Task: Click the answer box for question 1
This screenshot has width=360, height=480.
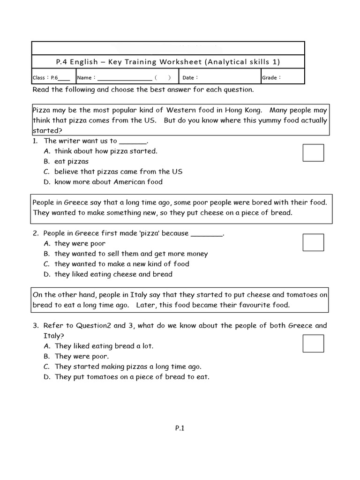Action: (313, 153)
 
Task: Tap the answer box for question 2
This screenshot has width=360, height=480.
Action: (313, 242)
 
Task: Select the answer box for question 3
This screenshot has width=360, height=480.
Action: (313, 343)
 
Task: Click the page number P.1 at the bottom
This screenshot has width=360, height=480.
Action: (180, 427)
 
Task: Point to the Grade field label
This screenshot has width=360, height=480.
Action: (271, 78)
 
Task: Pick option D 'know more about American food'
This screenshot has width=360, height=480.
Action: (108, 182)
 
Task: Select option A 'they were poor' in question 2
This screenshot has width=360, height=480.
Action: (80, 243)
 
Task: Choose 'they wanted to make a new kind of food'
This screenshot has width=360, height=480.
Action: (121, 264)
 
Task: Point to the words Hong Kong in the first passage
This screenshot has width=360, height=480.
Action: (240, 110)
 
